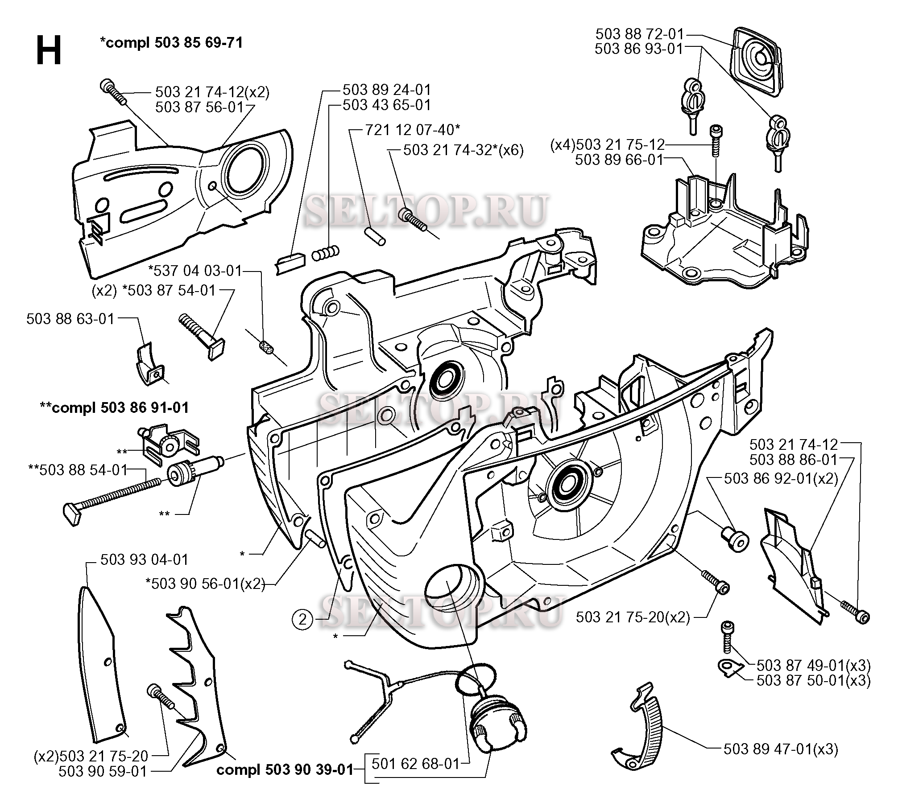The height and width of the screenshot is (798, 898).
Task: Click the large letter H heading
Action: tap(48, 50)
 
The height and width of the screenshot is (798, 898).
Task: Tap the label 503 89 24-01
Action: tap(387, 90)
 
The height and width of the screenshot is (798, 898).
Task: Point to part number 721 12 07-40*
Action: tap(413, 130)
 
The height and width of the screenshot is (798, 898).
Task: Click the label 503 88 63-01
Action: tap(70, 319)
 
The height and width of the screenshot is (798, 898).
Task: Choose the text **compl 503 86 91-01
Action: tap(114, 407)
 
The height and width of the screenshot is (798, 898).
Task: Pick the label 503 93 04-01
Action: tap(145, 559)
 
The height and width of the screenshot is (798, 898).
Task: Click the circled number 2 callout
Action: tap(303, 619)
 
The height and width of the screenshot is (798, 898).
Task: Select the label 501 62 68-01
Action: tap(415, 776)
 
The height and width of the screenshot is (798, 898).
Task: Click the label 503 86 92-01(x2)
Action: tap(781, 478)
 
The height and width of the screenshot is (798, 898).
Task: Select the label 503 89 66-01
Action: tap(619, 159)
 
